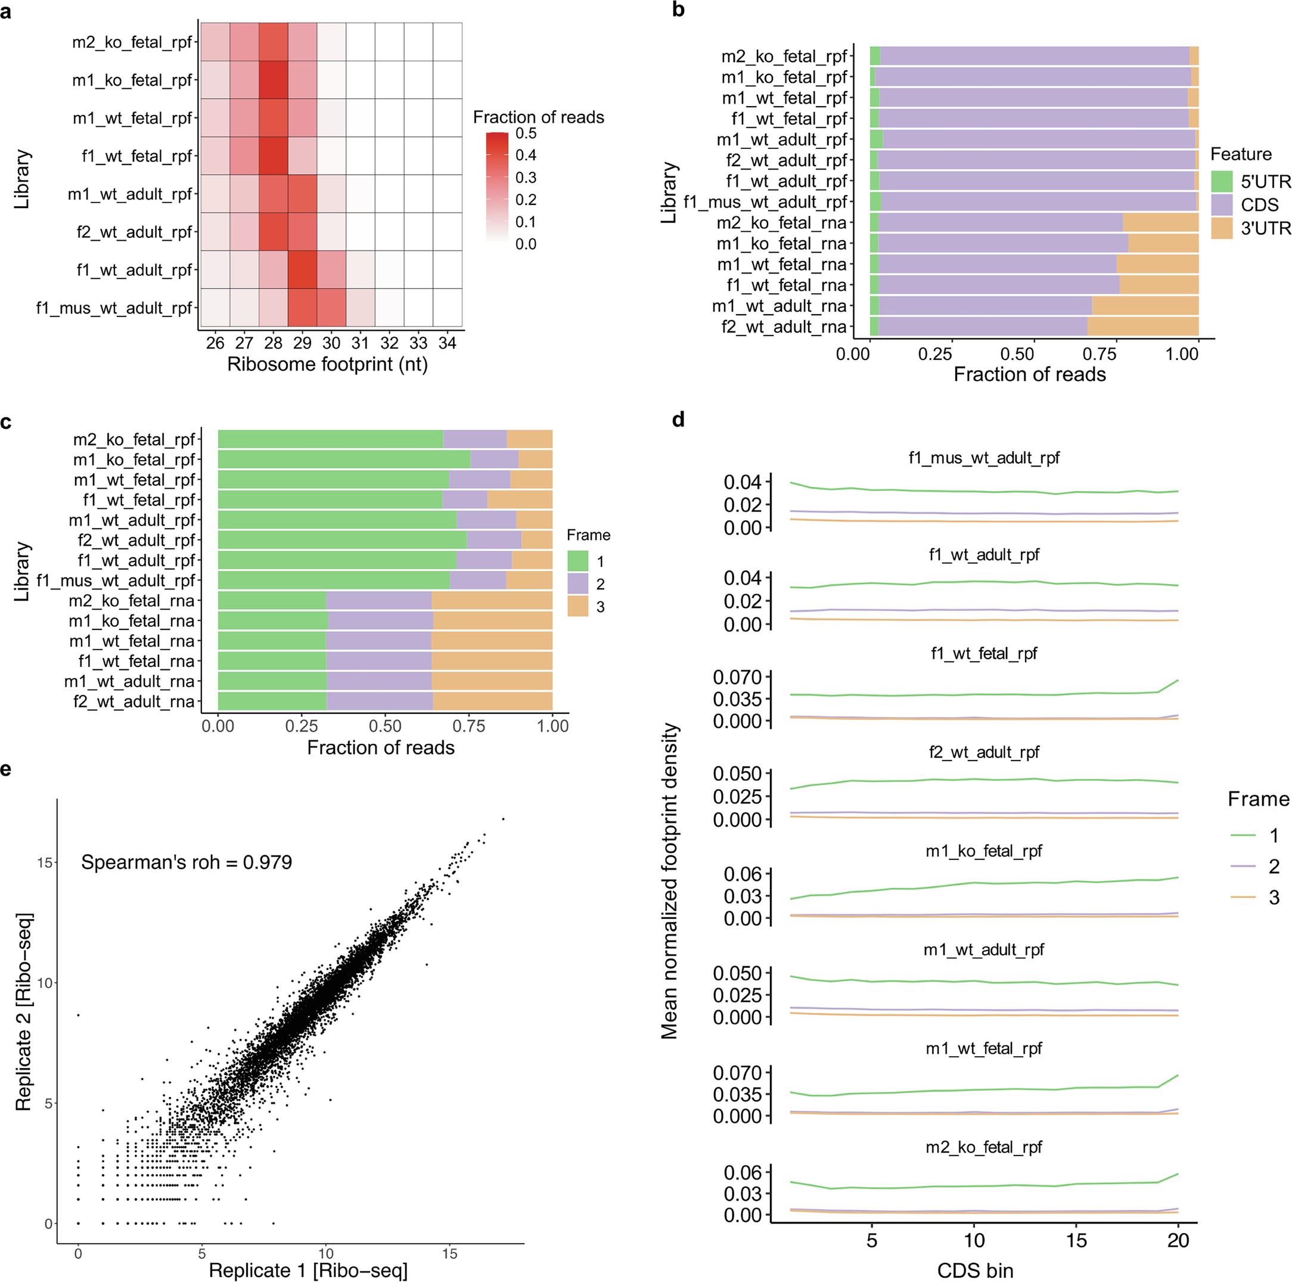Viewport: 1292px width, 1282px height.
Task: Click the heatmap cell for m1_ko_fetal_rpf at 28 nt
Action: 274,80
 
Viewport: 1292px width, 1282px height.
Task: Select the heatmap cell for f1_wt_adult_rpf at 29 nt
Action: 302,269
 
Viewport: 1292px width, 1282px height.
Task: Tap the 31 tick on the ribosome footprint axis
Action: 361,343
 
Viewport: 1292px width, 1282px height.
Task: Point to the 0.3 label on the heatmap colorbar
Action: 526,177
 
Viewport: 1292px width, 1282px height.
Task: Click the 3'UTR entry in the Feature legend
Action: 1265,228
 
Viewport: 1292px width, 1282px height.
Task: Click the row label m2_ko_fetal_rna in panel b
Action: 781,223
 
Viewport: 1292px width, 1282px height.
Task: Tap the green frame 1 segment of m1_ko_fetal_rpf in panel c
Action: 344,460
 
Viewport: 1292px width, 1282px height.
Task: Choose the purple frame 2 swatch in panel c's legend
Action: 578,584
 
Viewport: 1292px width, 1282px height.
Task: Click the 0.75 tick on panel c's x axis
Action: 469,727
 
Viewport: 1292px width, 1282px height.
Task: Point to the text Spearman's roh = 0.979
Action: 187,862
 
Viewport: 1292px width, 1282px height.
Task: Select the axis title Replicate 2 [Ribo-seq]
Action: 24,1011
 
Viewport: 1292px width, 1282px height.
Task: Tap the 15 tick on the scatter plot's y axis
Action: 45,862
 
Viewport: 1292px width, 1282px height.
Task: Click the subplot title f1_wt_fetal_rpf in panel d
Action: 984,653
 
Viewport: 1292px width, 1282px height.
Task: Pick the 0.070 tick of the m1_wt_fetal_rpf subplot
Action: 737,1073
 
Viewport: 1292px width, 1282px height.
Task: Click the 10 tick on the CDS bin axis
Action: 974,1240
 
